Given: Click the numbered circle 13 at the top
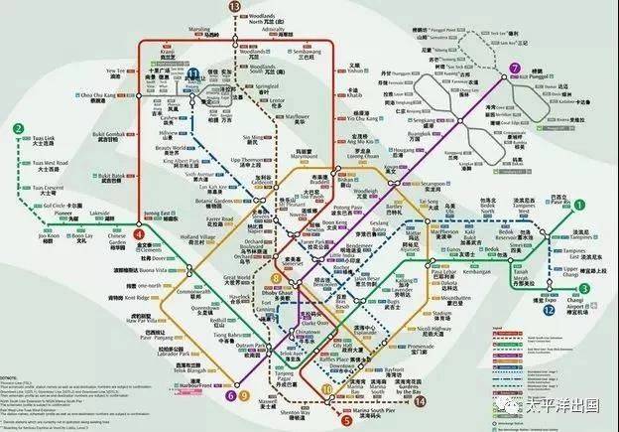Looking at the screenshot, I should coord(234,7).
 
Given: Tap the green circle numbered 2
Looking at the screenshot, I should coord(19,128).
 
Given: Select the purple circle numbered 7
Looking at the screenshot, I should coord(513,69).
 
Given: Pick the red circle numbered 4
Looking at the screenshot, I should coord(139,235).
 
